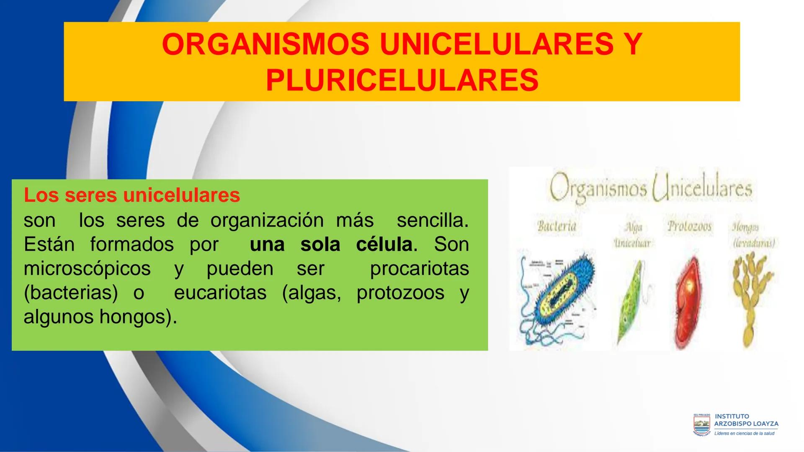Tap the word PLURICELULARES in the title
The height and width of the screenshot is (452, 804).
[x=402, y=80]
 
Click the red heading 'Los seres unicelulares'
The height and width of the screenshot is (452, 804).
[x=132, y=195]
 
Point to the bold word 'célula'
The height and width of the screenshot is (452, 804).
[x=384, y=244]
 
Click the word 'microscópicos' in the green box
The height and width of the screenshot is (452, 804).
[x=87, y=268]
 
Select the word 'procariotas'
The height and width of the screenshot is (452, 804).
[x=419, y=268]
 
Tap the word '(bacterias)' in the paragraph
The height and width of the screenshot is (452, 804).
[x=71, y=293]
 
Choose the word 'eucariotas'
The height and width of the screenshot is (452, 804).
[x=220, y=293]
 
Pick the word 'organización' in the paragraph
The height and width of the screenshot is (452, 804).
[x=267, y=221]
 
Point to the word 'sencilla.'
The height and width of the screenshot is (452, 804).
[x=433, y=221]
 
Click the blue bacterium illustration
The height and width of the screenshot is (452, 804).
[x=557, y=297]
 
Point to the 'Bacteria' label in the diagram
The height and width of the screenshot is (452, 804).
[x=557, y=226]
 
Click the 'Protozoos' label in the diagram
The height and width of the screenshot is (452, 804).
[x=689, y=226]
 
